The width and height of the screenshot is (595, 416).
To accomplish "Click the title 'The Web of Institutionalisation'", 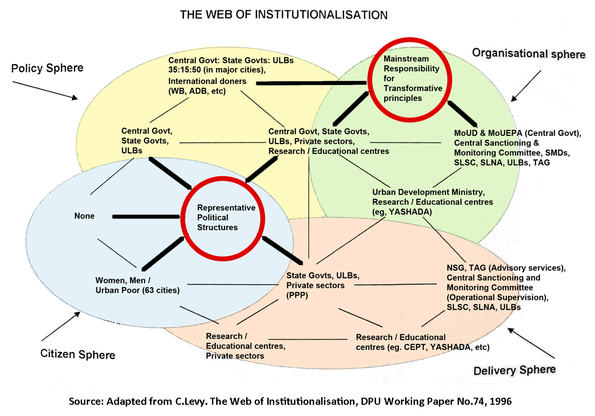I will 284,15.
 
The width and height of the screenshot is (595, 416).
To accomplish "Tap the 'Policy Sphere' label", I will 47,68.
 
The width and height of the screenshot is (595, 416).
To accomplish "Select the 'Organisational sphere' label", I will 528,53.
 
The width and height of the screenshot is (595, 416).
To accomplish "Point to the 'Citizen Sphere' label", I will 78,354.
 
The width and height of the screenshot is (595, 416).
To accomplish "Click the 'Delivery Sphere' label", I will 514,370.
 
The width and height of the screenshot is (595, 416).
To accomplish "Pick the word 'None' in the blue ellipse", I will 84,216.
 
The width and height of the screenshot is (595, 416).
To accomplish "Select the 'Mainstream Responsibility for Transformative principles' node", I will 413,78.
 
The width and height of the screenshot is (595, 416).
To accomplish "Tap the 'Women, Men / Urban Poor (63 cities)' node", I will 137,285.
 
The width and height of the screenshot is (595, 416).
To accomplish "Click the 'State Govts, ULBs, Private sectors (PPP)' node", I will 315,285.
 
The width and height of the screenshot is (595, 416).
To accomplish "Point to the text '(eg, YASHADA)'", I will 402,212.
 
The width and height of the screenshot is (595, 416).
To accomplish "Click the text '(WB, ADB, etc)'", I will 197,91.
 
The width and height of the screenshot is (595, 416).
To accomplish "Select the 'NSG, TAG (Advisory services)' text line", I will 506,268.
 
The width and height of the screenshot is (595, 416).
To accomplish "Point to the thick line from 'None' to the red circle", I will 146,216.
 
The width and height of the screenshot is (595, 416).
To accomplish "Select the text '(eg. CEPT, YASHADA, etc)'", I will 422,348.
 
